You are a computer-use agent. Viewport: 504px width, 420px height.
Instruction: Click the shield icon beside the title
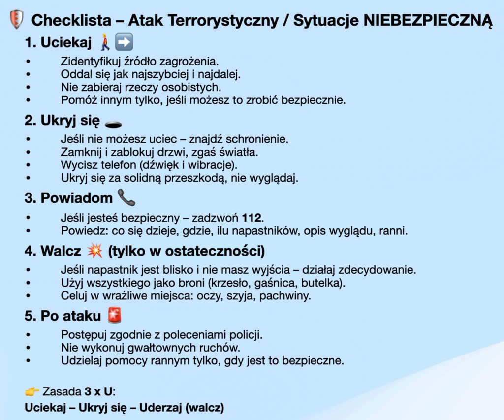17,20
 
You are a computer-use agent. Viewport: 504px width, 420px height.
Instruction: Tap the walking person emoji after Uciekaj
104,43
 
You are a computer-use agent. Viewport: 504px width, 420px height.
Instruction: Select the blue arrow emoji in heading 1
124,43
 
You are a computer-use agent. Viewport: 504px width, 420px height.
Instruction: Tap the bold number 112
255,217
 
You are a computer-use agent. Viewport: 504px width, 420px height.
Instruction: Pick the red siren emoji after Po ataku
115,316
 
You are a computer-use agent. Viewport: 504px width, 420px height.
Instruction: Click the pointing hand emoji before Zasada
32,392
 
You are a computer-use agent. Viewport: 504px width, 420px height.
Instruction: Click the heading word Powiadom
77,198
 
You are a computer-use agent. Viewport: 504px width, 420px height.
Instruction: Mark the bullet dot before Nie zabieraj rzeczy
28,87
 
